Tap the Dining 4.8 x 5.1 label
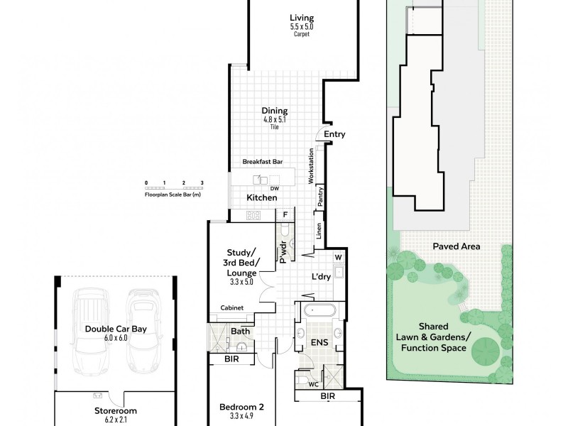[x=275, y=111]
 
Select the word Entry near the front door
[x=334, y=133]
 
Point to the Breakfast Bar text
[x=261, y=162]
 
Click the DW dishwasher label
[x=273, y=188]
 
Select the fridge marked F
[x=285, y=214]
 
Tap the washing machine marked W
[x=338, y=257]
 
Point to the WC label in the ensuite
[x=312, y=385]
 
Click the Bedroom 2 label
[x=241, y=407]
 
